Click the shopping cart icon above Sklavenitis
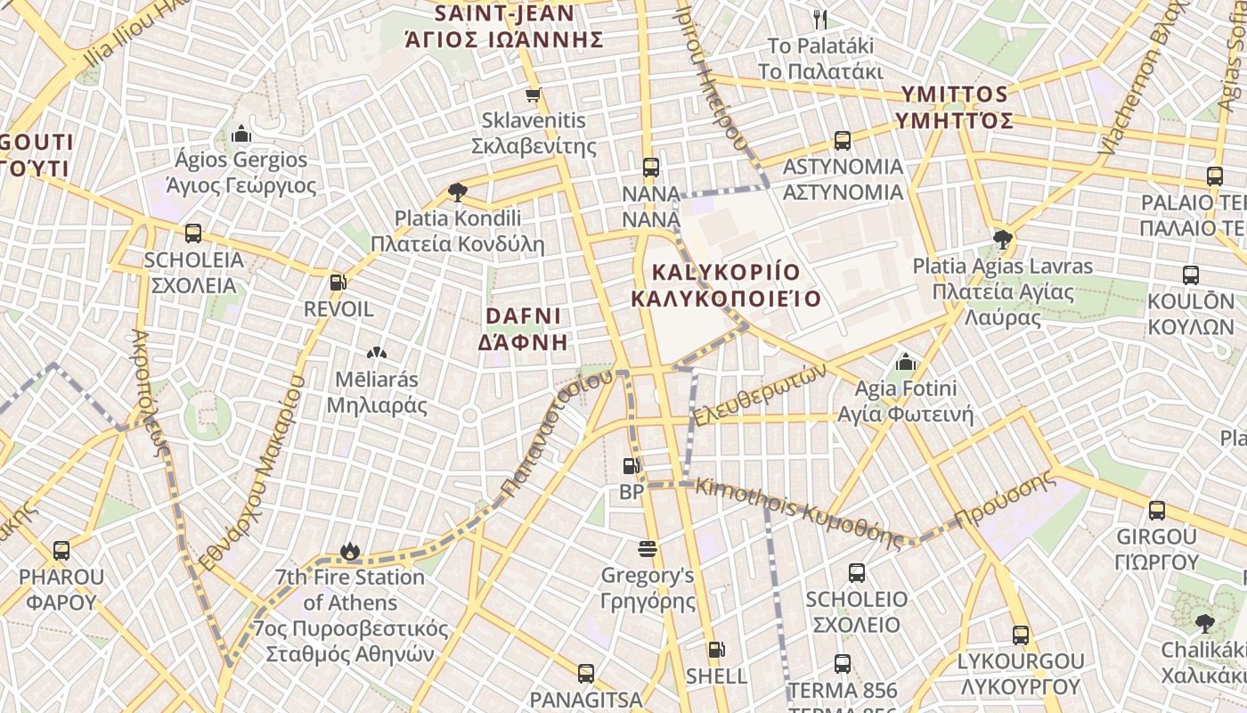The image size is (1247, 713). click(x=533, y=94)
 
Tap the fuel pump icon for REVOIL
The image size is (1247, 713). click(x=338, y=283)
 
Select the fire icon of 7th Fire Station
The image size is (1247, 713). click(x=350, y=552)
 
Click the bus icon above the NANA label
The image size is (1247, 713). click(x=650, y=167)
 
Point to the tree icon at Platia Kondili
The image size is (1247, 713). click(x=457, y=192)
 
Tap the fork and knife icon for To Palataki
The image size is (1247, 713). click(x=820, y=19)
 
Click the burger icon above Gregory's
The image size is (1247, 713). click(x=648, y=549)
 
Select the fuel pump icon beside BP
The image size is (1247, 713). click(x=631, y=466)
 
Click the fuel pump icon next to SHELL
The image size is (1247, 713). click(x=716, y=650)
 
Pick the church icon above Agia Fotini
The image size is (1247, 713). click(x=906, y=362)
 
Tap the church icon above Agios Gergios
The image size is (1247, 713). click(x=240, y=135)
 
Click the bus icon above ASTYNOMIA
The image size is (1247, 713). click(x=842, y=141)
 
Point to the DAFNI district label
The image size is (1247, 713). click(x=523, y=329)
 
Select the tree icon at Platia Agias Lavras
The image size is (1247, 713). click(x=1002, y=239)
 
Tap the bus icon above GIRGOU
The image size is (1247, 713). click(x=1156, y=511)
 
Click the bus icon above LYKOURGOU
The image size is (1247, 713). click(x=1020, y=635)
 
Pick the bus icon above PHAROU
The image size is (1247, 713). click(x=61, y=551)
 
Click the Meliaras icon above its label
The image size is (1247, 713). click(x=376, y=354)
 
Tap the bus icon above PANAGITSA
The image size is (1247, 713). click(x=585, y=673)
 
